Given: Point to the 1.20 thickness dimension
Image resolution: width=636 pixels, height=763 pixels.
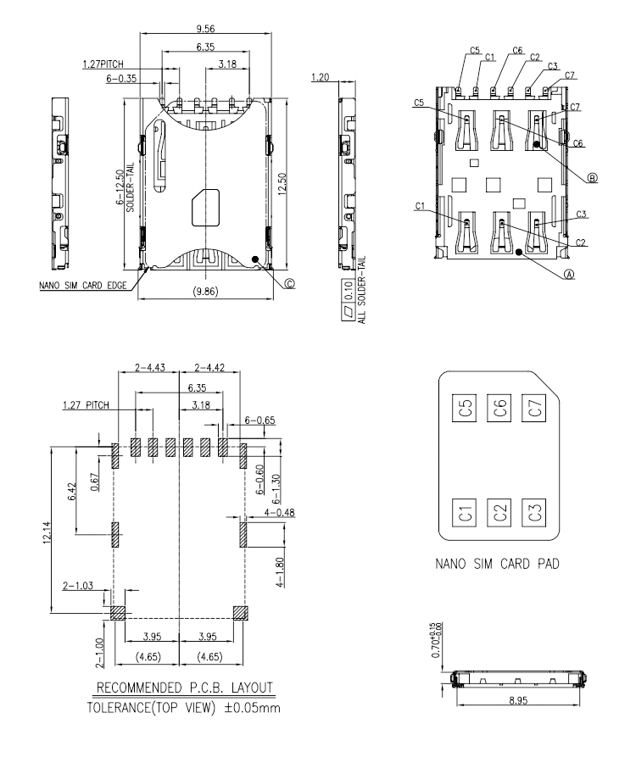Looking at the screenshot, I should tap(321, 77).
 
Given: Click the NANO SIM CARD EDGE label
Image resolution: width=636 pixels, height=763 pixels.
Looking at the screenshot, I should tap(84, 286).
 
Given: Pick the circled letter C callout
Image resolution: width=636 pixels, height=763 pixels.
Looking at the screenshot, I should tap(291, 284).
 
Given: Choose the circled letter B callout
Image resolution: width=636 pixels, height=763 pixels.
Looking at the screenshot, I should tap(592, 178).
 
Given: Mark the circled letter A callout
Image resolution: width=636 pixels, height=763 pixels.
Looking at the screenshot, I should tap(569, 274).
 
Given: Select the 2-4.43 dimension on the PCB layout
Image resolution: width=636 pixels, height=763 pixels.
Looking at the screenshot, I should tap(149, 367).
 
